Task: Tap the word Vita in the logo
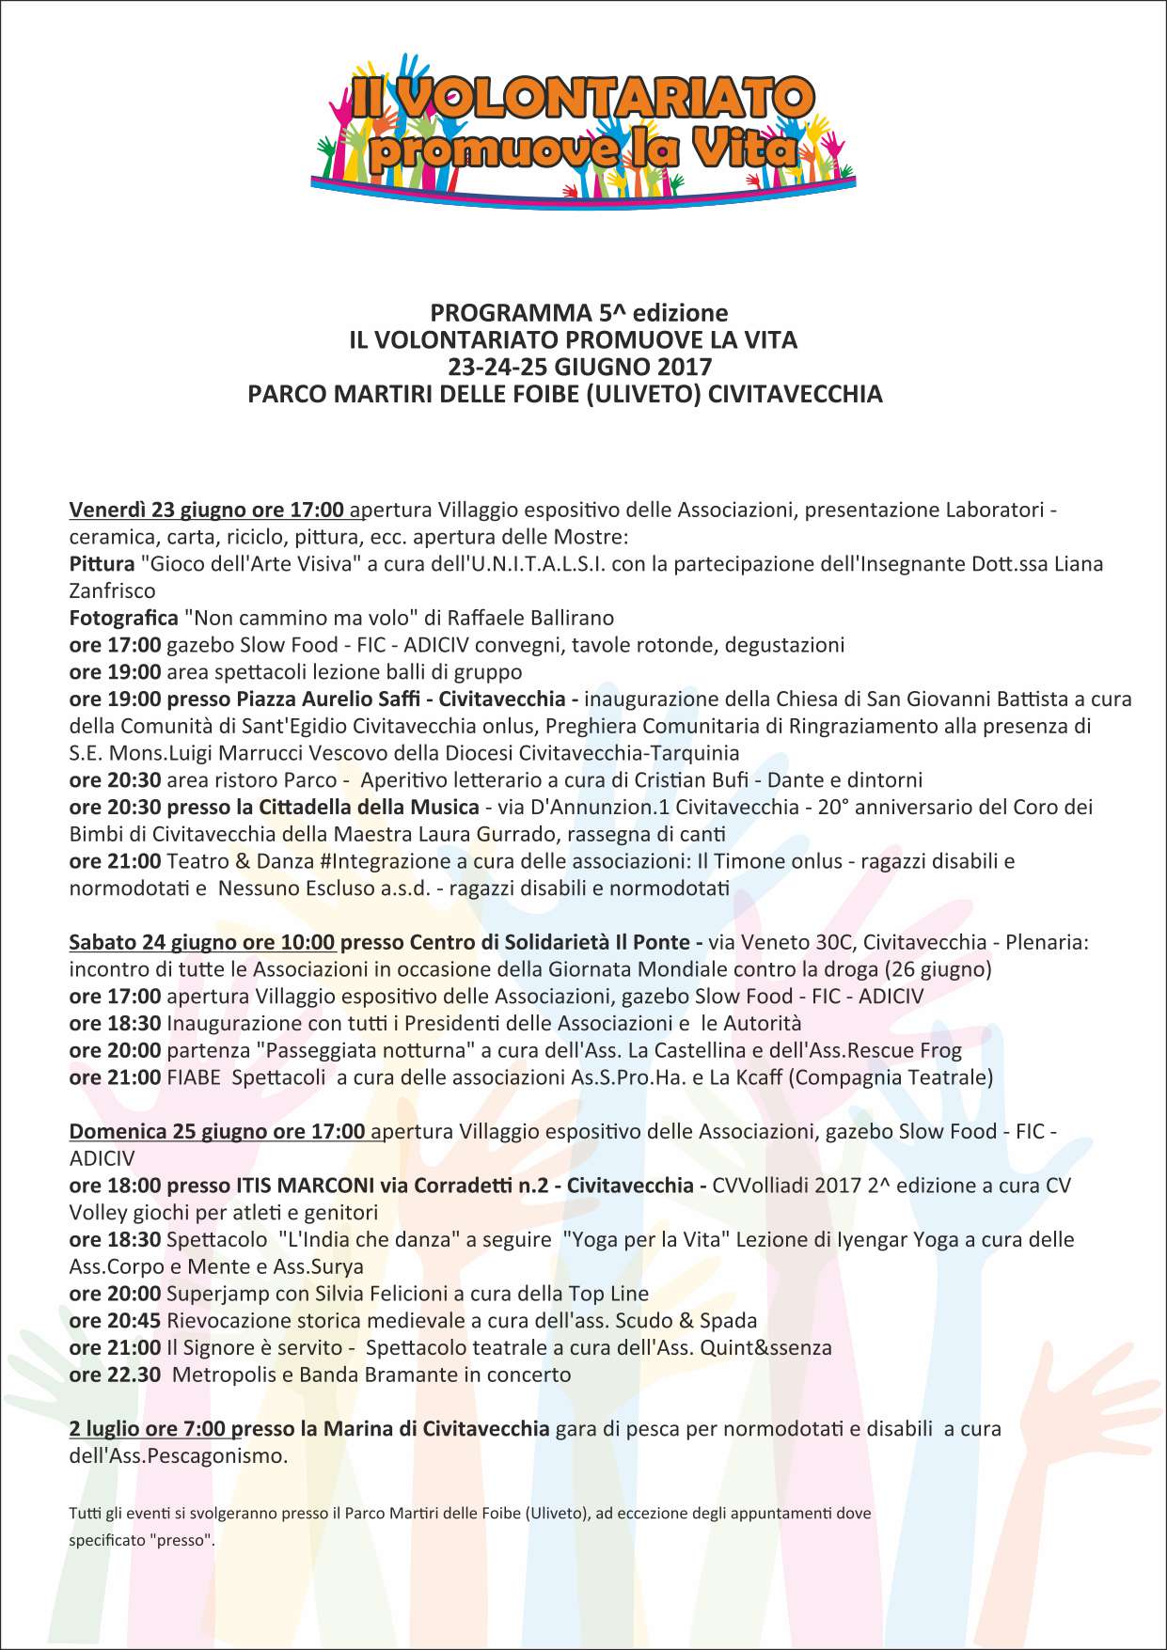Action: pos(743,149)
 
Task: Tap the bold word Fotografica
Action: pos(123,619)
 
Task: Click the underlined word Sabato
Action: pos(103,942)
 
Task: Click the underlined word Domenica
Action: pos(118,1131)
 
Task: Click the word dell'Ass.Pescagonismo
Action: pos(178,1456)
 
